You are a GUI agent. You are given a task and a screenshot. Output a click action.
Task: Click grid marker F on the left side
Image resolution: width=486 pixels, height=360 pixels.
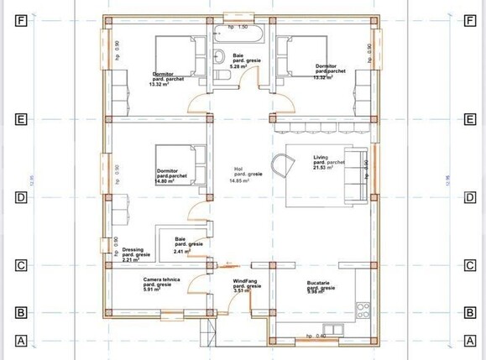(x=23, y=20)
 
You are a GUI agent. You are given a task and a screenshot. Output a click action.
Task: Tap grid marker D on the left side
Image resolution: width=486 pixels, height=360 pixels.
(x=23, y=198)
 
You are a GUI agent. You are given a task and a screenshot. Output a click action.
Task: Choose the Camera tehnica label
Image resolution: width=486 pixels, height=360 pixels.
(x=160, y=279)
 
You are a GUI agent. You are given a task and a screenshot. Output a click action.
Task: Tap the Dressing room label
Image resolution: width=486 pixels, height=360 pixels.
(x=133, y=249)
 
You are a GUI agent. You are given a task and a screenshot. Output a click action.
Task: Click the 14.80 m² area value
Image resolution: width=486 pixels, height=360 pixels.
(x=165, y=180)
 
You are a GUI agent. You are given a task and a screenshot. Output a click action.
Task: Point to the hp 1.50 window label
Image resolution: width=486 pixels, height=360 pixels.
(x=238, y=28)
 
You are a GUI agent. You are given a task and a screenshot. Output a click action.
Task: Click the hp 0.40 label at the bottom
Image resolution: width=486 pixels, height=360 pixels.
(x=316, y=336)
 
